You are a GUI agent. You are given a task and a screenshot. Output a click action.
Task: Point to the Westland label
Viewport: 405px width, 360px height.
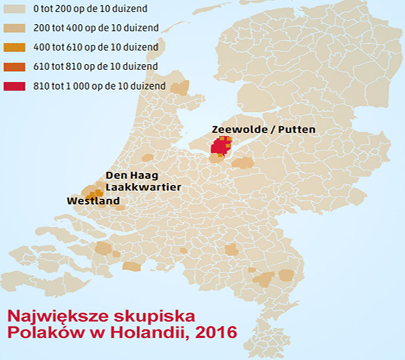[93, 201]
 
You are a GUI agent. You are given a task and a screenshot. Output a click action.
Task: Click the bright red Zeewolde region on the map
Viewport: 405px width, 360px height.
[220, 146]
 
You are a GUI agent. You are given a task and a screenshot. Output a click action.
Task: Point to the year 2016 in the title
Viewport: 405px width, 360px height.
[209, 333]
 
